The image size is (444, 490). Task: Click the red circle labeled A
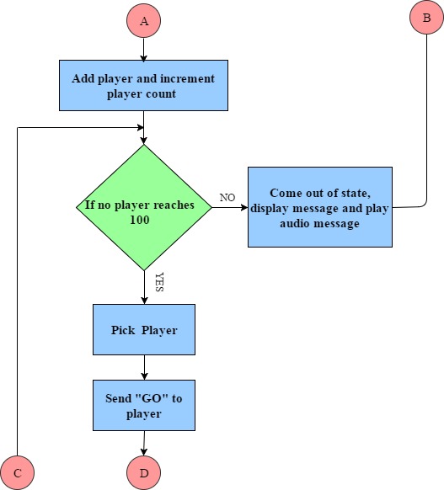click(143, 20)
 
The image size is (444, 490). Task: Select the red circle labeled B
click(426, 17)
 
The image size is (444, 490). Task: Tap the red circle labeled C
click(17, 473)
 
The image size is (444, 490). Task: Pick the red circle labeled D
click(143, 473)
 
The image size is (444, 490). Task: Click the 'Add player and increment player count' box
click(143, 85)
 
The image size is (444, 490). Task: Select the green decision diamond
click(144, 207)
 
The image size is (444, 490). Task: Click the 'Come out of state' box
click(320, 207)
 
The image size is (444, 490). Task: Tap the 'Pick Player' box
click(144, 329)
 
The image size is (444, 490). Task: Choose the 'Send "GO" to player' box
click(144, 405)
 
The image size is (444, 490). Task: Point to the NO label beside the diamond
click(227, 198)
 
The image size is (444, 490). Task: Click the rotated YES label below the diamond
click(159, 282)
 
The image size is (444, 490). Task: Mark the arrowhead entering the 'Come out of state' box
click(244, 207)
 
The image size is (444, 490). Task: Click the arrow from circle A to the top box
click(143, 50)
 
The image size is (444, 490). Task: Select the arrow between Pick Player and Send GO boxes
click(144, 367)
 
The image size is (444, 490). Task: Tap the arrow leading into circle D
click(144, 444)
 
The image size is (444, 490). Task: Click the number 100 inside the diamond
click(140, 220)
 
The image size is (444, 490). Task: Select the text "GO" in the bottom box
click(152, 398)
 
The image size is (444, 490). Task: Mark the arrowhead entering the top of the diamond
click(143, 141)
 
